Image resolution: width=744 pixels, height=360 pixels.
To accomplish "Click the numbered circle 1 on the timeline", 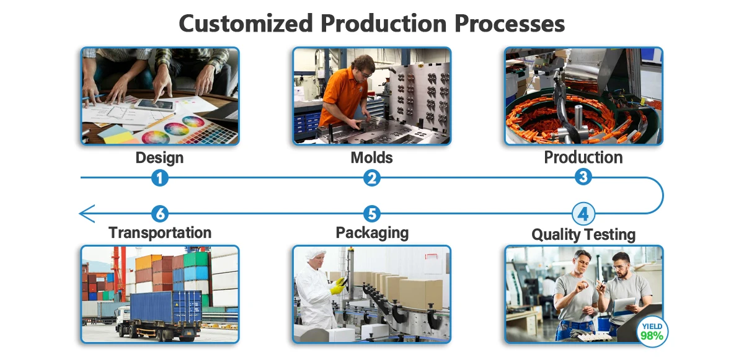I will (160, 178).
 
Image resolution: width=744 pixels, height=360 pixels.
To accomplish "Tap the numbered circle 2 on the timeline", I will (371, 178).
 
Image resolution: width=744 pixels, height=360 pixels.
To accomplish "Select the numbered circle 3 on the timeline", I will (583, 177).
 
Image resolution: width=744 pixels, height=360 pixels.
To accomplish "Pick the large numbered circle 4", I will (583, 214).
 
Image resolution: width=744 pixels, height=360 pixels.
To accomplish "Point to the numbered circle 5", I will (371, 214).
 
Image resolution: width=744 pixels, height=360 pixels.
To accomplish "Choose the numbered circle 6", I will (160, 214).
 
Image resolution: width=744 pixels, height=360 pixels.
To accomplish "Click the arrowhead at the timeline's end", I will (86, 214).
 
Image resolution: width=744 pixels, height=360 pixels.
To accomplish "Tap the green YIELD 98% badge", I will (652, 331).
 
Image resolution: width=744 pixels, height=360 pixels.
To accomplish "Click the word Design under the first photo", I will (159, 157).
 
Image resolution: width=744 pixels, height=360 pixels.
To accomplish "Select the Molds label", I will (371, 157).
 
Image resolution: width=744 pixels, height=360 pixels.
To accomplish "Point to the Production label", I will (583, 157).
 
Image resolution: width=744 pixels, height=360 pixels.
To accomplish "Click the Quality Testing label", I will (583, 235).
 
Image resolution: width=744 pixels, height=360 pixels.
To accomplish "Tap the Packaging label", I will (371, 232).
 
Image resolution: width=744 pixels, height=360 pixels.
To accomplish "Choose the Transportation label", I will (160, 232).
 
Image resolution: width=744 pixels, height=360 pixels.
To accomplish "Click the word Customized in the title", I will (246, 24).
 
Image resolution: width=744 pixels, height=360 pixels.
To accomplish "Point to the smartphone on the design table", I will (154, 105).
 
